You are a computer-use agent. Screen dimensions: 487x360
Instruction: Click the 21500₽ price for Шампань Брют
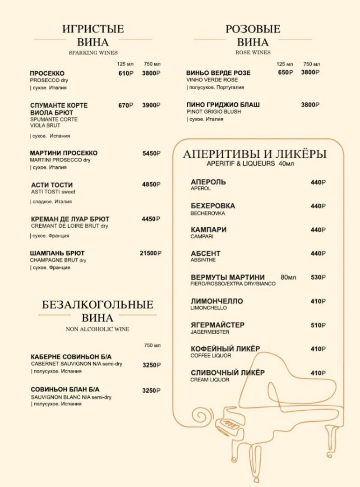[x=150, y=253]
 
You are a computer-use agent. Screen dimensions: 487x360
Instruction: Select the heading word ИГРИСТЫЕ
[x=93, y=29]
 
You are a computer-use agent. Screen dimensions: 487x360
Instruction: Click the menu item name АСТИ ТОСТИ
[x=52, y=185]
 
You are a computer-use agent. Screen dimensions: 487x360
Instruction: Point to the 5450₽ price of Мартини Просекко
[x=151, y=153]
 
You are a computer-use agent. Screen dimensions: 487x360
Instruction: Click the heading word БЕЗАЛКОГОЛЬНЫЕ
[x=97, y=304]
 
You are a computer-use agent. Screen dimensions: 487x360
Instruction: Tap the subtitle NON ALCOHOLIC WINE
[x=97, y=329]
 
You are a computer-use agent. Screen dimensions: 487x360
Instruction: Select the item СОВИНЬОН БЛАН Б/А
[x=65, y=389]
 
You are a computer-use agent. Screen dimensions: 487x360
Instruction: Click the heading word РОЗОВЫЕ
[x=253, y=29]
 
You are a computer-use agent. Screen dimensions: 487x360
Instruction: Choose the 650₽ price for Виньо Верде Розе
[x=286, y=73]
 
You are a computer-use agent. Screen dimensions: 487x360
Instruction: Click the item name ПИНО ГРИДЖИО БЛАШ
[x=223, y=105]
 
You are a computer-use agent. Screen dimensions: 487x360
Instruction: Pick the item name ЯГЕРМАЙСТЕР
[x=217, y=325]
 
